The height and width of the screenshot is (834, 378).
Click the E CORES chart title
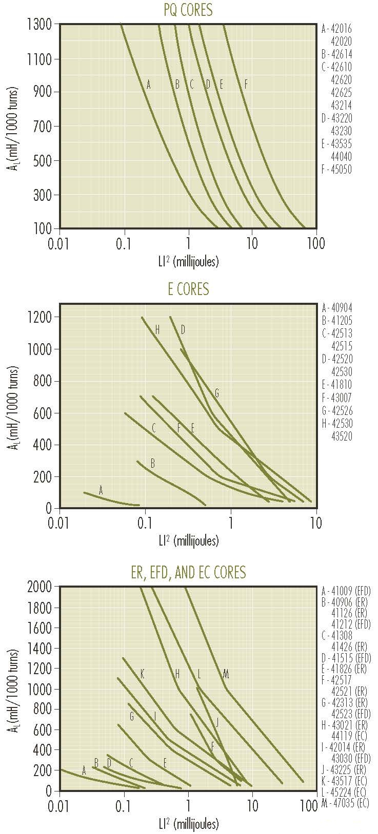pos(189,289)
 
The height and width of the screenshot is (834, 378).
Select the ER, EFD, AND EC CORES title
pos(189,572)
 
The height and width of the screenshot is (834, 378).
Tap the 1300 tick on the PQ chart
pos(41,24)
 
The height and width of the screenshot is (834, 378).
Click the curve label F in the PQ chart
pos(246,85)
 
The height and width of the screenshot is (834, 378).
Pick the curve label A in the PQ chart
pos(149,85)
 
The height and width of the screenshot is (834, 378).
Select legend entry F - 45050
pos(337,170)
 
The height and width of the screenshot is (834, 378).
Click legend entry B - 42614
pos(337,54)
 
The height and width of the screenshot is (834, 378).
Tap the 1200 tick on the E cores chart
pos(41,318)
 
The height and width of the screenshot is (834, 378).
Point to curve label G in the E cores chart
pos(217,393)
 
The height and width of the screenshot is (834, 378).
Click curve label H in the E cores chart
pos(157,330)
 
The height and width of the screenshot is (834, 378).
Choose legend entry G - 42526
pos(337,411)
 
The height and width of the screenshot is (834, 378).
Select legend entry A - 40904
pos(337,308)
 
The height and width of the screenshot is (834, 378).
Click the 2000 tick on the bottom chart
pos(41,587)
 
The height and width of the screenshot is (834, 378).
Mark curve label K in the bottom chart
pos(142,674)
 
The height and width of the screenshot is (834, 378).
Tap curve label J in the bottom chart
pos(217,723)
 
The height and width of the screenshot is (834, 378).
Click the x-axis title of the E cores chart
pos(189,540)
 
